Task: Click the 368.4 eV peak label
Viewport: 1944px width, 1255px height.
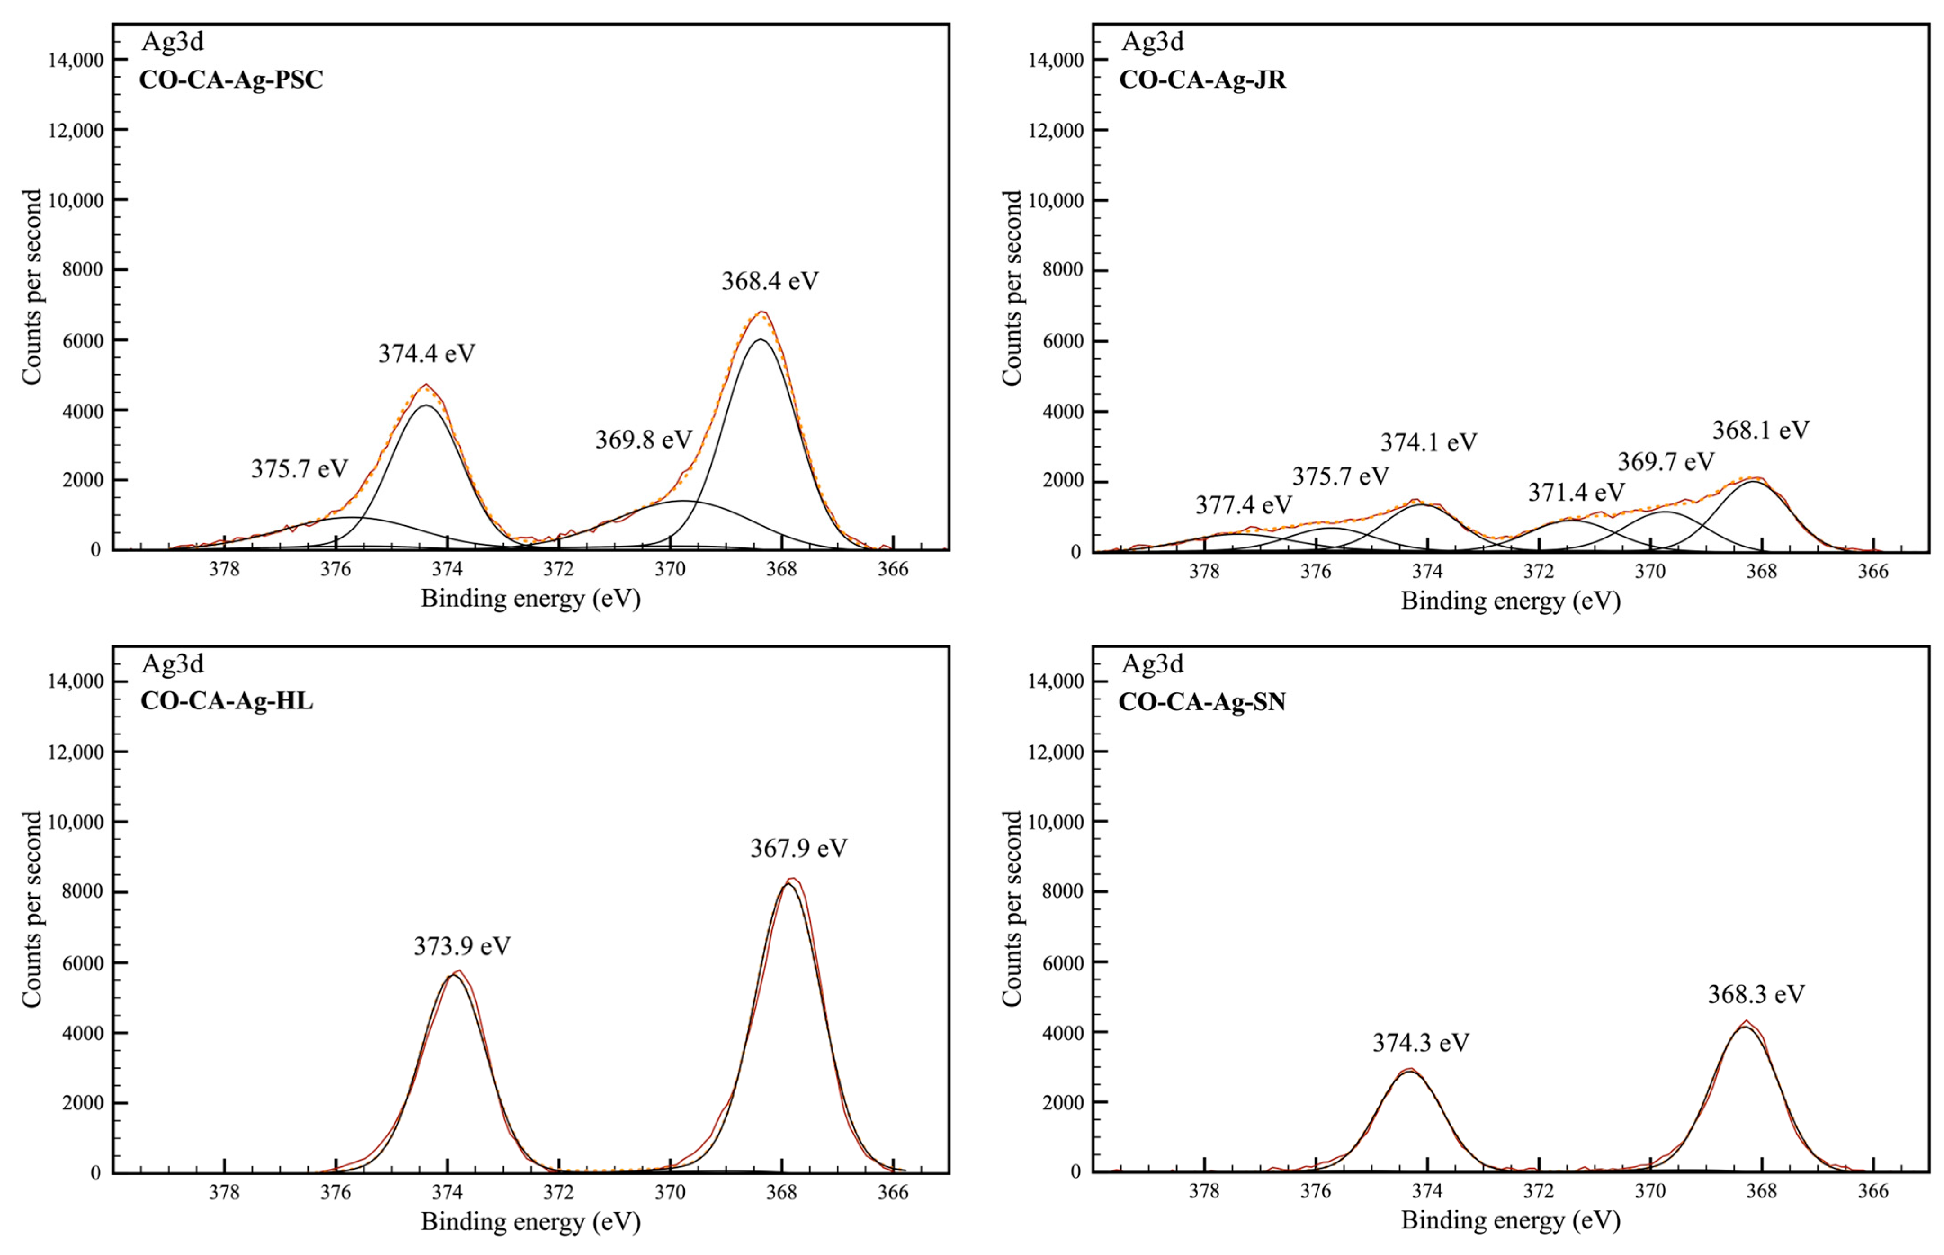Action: coord(769,281)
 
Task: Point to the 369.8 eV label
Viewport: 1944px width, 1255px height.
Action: coord(643,440)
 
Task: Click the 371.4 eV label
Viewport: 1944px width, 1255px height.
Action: coord(1576,492)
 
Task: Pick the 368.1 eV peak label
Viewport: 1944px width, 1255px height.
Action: coord(1760,430)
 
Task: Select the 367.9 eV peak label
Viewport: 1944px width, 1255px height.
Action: coord(798,848)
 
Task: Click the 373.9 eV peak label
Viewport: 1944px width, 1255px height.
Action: coord(461,946)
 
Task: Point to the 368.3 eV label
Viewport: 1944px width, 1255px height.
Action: coord(1756,994)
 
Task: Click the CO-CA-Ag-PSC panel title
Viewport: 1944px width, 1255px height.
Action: coord(231,80)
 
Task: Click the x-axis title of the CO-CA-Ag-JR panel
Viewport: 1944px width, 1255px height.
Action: coord(1510,601)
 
